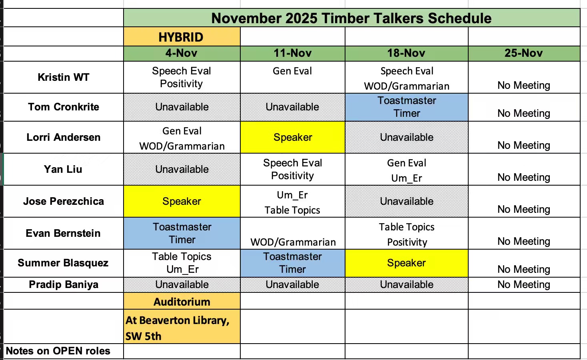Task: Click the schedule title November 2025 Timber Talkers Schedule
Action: click(351, 18)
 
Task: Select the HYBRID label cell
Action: click(181, 37)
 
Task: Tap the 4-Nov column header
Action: click(182, 53)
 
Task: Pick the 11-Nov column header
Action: click(292, 53)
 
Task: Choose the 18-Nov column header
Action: click(406, 53)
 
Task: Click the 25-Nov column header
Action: click(523, 53)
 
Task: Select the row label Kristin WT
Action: click(64, 77)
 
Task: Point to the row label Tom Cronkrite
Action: click(64, 107)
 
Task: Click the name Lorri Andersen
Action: click(64, 137)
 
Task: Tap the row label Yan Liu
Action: click(63, 169)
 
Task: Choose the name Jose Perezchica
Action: click(64, 201)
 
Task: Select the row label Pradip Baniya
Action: click(64, 284)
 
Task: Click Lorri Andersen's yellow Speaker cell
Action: click(293, 137)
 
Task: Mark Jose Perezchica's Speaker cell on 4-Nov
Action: click(182, 201)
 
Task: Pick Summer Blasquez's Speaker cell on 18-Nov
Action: click(406, 263)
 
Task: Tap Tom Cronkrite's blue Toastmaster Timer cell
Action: click(406, 107)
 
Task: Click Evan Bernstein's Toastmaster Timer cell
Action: click(182, 233)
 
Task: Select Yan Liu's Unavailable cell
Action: click(182, 169)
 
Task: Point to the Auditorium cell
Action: click(182, 302)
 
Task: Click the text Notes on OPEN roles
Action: click(58, 351)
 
